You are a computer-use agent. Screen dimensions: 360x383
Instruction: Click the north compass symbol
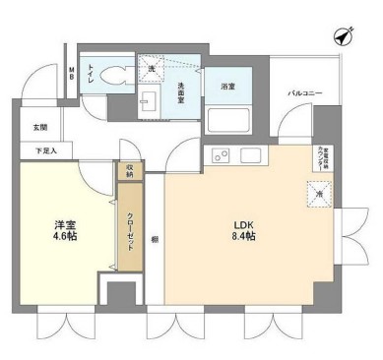pyautogui.click(x=344, y=34)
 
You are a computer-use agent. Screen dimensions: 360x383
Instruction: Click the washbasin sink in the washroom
pyautogui.click(x=151, y=98)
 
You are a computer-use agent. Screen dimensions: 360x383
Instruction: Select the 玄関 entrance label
pyautogui.click(x=39, y=127)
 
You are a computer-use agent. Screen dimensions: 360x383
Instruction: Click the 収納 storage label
pyautogui.click(x=129, y=169)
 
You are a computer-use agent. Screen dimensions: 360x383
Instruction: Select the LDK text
pyautogui.click(x=242, y=223)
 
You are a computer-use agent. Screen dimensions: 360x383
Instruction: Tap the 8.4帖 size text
pyautogui.click(x=242, y=237)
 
